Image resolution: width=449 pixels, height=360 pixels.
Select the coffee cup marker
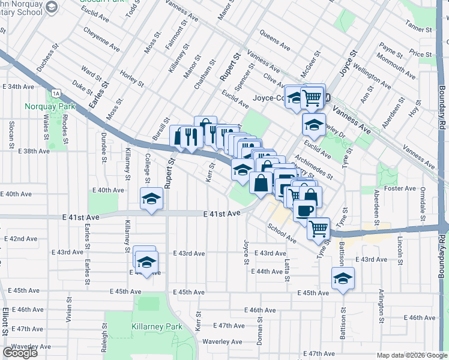pyautogui.click(x=304, y=211)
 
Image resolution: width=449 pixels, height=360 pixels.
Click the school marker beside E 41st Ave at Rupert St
pyautogui.click(x=152, y=198)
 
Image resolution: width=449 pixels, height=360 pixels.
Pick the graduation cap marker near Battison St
pyautogui.click(x=343, y=278)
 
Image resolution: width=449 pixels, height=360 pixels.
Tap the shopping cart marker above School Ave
pyautogui.click(x=319, y=227)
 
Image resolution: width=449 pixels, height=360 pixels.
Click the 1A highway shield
pyautogui.click(x=56, y=94)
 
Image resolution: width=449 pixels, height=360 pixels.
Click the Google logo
pyautogui.click(x=20, y=353)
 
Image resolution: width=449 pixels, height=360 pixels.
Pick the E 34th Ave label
pyautogui.click(x=18, y=87)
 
